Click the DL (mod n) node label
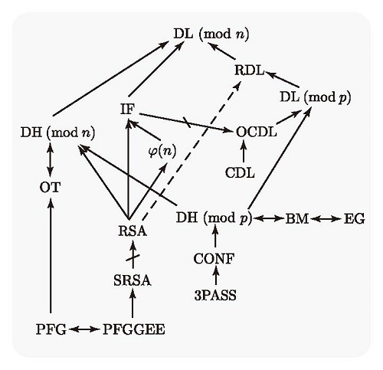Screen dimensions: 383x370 point(211,34)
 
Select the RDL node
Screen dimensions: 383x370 point(250,70)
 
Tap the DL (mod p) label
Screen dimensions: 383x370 point(316,97)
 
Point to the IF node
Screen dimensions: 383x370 point(127,110)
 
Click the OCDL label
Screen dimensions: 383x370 point(256,132)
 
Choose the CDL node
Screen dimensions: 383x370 point(240,173)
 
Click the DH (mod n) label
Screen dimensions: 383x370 point(57,133)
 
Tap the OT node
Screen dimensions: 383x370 point(50,188)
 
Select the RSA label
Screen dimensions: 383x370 point(133,231)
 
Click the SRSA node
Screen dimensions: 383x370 point(133,281)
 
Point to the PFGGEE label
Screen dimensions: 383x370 point(134,329)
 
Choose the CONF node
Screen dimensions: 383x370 point(214,259)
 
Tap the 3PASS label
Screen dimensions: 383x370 point(215,296)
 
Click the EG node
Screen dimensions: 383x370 point(355,219)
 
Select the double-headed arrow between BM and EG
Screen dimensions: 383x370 point(326,219)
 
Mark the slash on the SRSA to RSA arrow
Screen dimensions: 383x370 point(133,258)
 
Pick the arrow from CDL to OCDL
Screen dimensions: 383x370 point(243,151)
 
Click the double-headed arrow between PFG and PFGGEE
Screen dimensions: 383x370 point(84,329)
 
